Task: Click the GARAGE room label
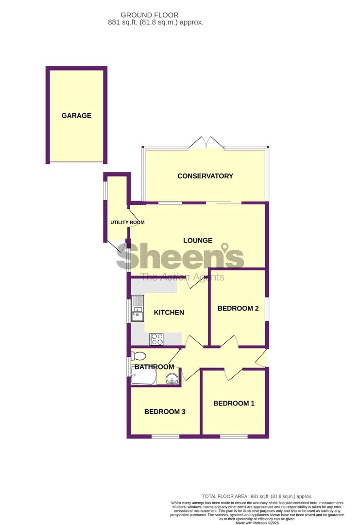point(76,116)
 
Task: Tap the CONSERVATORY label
point(205,176)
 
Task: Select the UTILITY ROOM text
point(127,222)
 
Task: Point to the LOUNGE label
point(198,241)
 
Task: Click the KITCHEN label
point(169,313)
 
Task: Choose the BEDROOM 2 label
point(238,308)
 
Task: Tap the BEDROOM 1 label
point(234,403)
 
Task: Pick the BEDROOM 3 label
point(165,412)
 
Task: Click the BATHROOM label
point(154,367)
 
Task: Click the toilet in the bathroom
point(138,355)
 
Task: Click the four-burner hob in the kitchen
point(156,339)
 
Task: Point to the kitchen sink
point(137,308)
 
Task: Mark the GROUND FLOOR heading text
point(150,15)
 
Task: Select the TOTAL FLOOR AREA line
point(257,496)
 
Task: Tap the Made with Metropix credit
point(257,523)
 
